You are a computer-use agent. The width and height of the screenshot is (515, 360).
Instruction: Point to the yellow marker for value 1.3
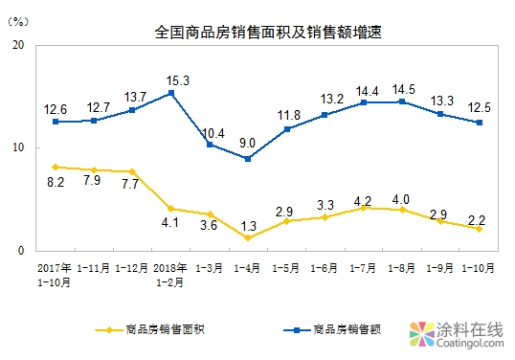tap(248, 237)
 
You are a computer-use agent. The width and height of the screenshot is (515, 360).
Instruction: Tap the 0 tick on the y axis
tap(20, 251)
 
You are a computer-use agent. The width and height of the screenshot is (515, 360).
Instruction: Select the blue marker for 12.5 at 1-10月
tap(479, 122)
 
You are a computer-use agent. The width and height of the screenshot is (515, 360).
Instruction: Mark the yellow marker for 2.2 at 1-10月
tap(479, 228)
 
